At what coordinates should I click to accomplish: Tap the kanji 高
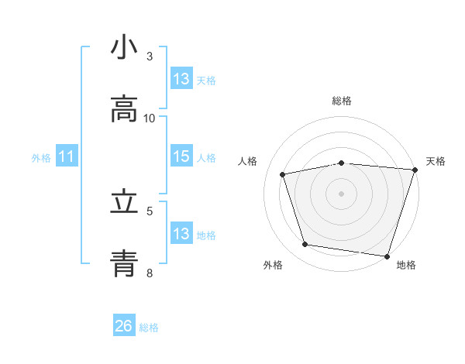click(x=124, y=110)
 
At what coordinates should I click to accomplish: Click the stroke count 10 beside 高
click(x=150, y=118)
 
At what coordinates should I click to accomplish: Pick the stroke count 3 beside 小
click(x=150, y=56)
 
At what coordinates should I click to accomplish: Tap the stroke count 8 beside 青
click(x=150, y=273)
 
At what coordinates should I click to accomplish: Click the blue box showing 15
click(x=181, y=156)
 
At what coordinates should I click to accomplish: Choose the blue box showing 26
click(x=124, y=326)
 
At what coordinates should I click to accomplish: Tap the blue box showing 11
click(x=67, y=156)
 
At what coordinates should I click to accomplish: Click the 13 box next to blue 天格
click(x=181, y=78)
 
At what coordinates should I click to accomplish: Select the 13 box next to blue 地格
click(x=181, y=234)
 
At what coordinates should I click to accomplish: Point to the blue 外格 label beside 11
click(x=41, y=157)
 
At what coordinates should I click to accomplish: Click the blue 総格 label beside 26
click(x=149, y=327)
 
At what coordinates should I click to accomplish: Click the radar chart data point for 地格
click(x=387, y=256)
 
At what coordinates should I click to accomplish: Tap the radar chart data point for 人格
click(x=283, y=174)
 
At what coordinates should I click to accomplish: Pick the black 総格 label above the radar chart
click(x=341, y=101)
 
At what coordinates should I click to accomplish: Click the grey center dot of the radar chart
click(x=341, y=193)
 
